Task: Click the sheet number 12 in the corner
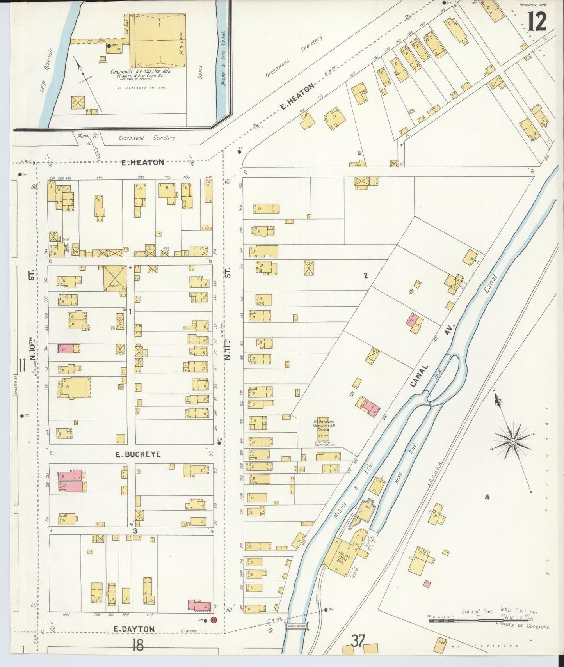point(537,21)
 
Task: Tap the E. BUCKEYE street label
point(132,454)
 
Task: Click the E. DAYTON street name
point(134,629)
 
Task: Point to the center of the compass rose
point(512,441)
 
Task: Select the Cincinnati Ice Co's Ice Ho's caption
point(141,72)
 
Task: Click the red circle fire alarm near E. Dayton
point(213,619)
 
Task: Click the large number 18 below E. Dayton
point(138,645)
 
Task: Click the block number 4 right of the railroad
point(487,497)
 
